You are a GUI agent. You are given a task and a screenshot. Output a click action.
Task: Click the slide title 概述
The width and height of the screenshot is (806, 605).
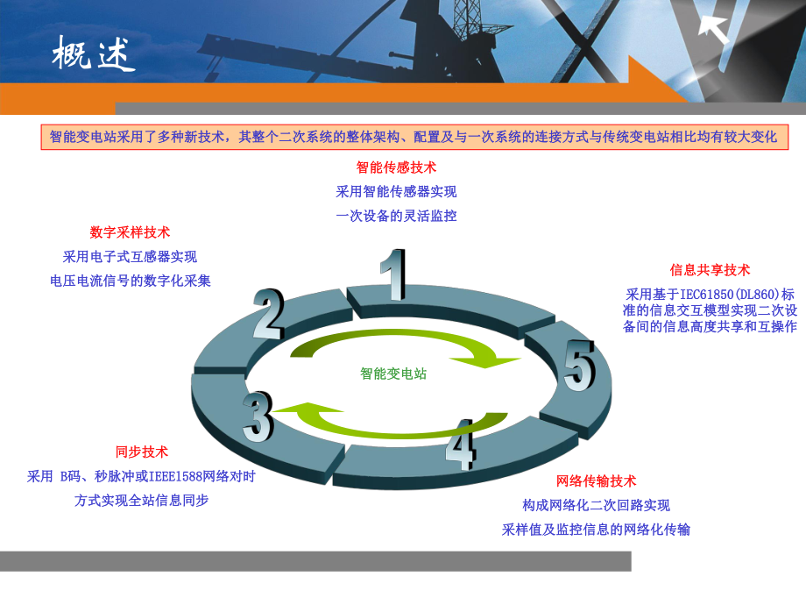click(94, 55)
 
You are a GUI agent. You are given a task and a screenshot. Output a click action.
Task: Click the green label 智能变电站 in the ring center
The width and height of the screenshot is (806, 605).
click(394, 374)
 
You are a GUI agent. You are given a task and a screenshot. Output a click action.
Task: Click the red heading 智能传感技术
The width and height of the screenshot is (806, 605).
click(396, 167)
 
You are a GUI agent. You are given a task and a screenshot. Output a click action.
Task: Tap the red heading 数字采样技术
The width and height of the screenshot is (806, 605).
click(130, 232)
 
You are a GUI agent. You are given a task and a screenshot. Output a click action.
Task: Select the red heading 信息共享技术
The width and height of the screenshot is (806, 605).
click(710, 270)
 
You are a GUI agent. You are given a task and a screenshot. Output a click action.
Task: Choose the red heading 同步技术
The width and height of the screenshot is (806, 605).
click(142, 452)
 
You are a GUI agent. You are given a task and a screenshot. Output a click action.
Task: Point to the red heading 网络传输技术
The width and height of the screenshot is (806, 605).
click(597, 480)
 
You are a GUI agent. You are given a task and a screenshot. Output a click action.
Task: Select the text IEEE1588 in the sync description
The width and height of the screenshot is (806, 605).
click(175, 477)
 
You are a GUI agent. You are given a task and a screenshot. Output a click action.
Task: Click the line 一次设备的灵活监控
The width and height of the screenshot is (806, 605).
click(396, 216)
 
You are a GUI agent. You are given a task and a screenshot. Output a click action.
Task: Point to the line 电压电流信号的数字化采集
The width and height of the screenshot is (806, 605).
click(131, 281)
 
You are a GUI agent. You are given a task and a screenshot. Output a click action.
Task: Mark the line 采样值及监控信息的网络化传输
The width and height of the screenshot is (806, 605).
click(596, 530)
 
